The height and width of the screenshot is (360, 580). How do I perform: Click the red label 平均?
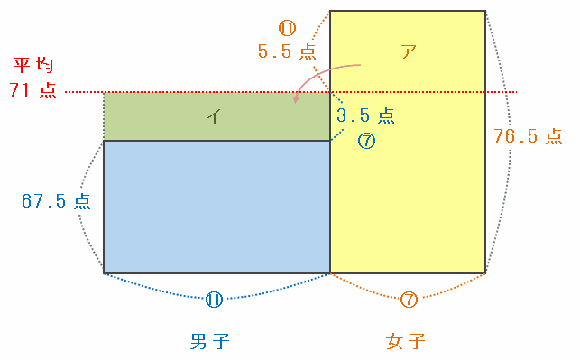point(33,66)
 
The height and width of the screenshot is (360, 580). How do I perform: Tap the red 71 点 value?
point(32,90)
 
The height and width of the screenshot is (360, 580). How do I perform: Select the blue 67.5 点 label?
point(56,201)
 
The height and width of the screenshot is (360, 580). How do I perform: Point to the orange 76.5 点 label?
point(528,136)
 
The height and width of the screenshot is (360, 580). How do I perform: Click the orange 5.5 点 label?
point(287,51)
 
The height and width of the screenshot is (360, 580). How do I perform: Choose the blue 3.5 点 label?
point(365,115)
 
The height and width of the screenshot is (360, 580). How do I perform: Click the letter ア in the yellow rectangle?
point(409,51)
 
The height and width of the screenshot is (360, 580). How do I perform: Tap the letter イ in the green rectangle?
point(214,116)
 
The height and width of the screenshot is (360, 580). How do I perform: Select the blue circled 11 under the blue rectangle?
point(214,300)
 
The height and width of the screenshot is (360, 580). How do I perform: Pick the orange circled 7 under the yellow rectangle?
point(409,300)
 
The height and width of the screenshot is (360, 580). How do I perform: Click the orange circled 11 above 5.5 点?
point(287,28)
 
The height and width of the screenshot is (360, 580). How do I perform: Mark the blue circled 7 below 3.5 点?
point(366,141)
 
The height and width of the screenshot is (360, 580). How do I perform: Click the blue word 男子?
point(210,341)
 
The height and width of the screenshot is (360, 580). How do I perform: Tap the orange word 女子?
point(405,341)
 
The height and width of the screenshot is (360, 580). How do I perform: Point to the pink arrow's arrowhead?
point(295,99)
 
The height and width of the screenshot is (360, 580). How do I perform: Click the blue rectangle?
point(216,207)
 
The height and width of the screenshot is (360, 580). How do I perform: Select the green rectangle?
point(216,116)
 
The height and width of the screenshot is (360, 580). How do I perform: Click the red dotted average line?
point(290,92)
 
